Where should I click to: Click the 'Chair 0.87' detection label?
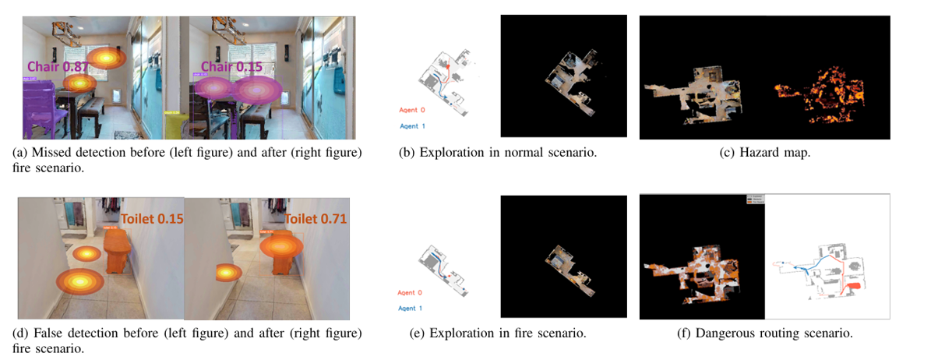[x=58, y=67]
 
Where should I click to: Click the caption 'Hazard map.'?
[x=764, y=153]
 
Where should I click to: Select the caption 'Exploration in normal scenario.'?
[x=508, y=153]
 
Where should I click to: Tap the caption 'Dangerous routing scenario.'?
[x=764, y=334]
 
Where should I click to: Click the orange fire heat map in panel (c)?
[x=818, y=86]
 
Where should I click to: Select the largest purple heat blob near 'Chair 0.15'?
[x=256, y=90]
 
